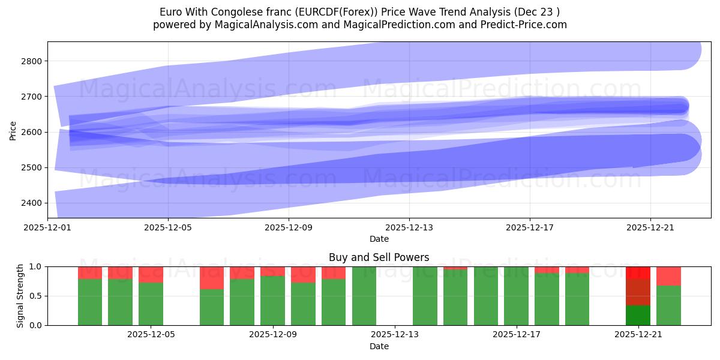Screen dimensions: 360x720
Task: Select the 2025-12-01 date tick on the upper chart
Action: tap(47, 228)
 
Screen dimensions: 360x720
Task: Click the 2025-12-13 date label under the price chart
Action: tap(409, 228)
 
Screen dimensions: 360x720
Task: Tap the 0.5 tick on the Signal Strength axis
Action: tap(36, 296)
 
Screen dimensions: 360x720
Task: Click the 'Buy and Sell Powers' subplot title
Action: tap(379, 257)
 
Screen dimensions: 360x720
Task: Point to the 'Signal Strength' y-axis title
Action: tap(20, 295)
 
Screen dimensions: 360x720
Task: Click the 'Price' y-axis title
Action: tap(13, 130)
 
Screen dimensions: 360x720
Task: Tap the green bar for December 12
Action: tap(364, 296)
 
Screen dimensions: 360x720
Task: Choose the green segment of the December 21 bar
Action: tap(637, 316)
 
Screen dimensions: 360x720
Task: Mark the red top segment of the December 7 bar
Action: tap(212, 278)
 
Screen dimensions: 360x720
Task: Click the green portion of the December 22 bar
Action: tap(668, 305)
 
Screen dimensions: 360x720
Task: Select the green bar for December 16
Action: tap(485, 296)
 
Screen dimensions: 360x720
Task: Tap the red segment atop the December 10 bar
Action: tap(303, 274)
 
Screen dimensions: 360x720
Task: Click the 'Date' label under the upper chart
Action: tap(379, 239)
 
